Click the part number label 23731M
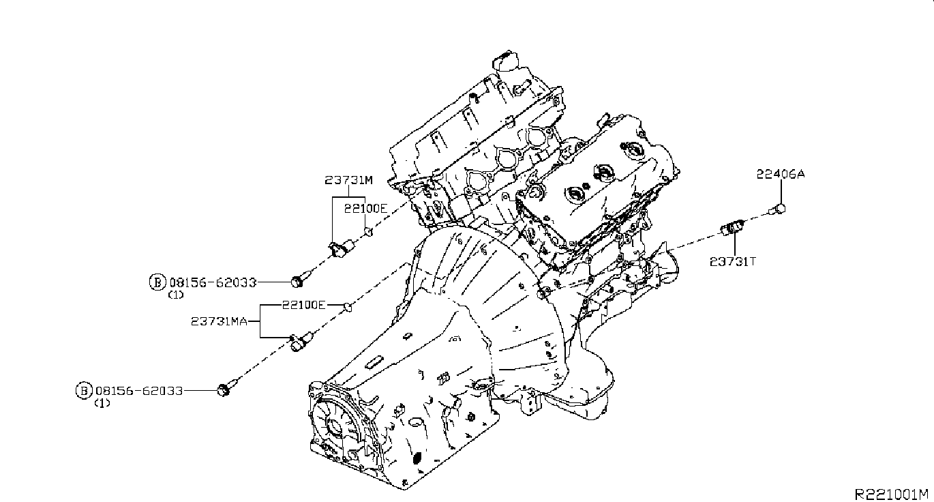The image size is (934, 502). click(x=348, y=180)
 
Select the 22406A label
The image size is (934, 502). click(x=781, y=174)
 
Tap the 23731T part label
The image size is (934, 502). click(x=733, y=262)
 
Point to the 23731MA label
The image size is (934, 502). click(x=220, y=321)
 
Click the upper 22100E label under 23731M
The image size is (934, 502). click(x=365, y=208)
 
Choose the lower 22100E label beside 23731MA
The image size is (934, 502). click(x=304, y=305)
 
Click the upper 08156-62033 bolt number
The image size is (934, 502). click(x=213, y=282)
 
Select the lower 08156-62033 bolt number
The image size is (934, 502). click(x=139, y=391)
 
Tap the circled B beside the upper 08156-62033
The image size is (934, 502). click(x=157, y=282)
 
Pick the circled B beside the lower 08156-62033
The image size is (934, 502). click(x=84, y=391)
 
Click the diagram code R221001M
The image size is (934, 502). click(x=892, y=494)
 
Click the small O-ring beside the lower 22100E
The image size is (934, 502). click(x=348, y=308)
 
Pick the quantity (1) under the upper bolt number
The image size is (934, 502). click(x=175, y=295)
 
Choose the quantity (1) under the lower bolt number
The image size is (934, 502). click(x=102, y=403)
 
